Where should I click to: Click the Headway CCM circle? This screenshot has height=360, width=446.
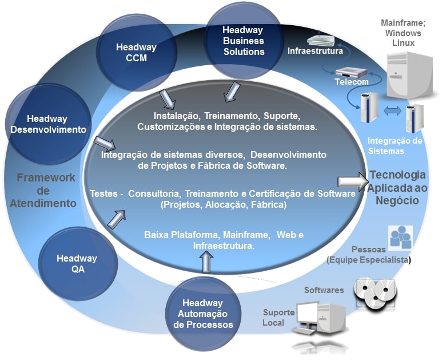tap(132, 53)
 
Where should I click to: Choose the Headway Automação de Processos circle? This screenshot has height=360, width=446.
tap(204, 314)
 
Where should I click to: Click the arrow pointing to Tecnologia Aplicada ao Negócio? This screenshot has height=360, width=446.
tap(351, 181)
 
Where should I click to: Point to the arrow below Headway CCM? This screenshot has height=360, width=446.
tap(168, 98)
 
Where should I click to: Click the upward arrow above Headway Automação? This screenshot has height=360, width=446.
tap(206, 263)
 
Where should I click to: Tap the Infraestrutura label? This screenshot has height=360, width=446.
tap(315, 51)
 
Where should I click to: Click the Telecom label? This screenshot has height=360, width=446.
tap(351, 82)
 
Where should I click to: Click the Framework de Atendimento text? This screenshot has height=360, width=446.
tap(46, 190)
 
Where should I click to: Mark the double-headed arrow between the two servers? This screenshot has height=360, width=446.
tap(392, 112)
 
